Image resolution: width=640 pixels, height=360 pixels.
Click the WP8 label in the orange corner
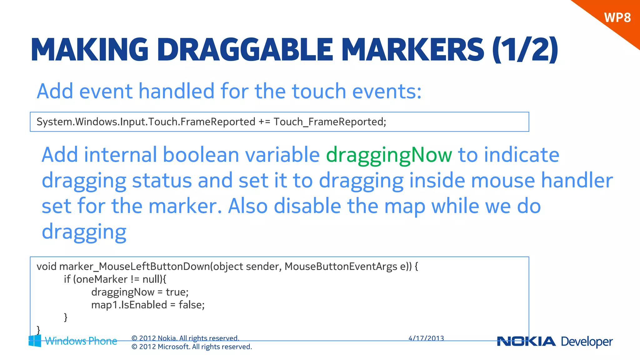pos(617,17)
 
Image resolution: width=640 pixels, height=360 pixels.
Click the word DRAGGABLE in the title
pos(245,50)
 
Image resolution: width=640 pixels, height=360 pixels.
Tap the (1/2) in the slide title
pos(525,50)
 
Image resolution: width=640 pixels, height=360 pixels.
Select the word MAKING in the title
pos(90,50)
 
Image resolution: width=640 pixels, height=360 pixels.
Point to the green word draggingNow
pos(389,155)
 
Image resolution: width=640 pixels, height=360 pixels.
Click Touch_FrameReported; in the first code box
pos(330,122)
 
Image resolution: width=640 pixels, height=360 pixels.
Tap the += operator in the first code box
pos(264,122)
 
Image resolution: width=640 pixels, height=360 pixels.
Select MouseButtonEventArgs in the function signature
pos(341,267)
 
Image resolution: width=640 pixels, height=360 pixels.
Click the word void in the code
pos(47,267)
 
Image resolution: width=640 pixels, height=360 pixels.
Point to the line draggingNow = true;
pos(140,292)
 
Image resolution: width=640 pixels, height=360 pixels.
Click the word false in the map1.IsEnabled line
pos(191,305)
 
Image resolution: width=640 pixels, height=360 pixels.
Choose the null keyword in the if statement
pos(152,279)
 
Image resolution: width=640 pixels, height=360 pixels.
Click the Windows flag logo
pos(35,341)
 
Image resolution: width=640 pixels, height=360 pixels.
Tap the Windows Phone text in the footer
pos(81,341)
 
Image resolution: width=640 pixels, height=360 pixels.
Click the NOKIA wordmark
pos(526,342)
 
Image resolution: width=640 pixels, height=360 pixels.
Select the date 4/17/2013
pos(426,338)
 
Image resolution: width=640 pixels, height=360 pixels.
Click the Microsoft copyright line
pos(192,347)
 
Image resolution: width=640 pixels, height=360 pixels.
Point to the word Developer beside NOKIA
pos(587,342)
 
